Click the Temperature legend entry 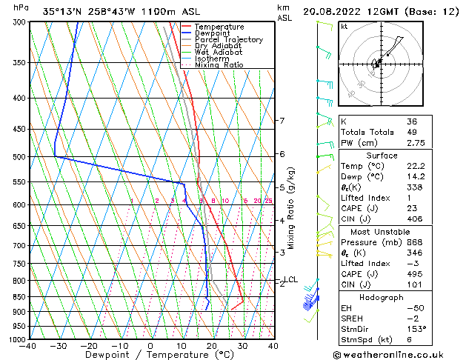220,27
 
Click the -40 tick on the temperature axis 29,345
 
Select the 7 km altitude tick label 282,121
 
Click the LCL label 291,279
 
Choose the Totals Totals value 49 412,132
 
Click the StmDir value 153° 416,328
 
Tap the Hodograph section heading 382,297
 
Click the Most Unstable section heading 382,231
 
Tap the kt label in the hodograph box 344,26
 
